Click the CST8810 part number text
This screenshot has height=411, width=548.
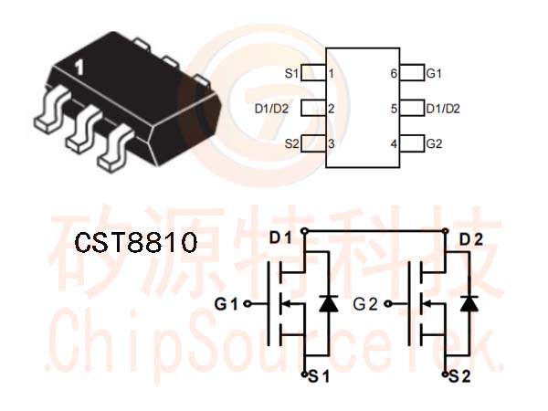coord(136,243)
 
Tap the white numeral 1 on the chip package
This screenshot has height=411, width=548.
coord(79,68)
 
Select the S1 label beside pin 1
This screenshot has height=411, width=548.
coord(292,74)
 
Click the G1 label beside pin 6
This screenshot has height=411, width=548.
coord(434,74)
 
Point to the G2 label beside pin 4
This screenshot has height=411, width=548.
coord(435,143)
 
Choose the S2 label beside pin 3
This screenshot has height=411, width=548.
coord(292,143)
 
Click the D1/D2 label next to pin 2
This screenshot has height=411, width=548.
coord(271,109)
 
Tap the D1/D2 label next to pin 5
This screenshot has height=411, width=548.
coord(443,109)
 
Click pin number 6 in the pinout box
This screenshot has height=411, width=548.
coord(394,74)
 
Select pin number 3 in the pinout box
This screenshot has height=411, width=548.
coord(331,143)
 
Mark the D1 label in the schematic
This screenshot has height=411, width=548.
coord(280,238)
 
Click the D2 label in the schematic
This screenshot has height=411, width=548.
coord(471,239)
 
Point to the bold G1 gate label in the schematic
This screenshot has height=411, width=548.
coord(227,304)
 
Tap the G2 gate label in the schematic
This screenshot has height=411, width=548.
coord(365,304)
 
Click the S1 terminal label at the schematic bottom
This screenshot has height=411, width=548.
coord(319,376)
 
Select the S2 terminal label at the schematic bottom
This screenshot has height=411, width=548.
coord(459,376)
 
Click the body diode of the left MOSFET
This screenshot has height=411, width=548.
coord(329,303)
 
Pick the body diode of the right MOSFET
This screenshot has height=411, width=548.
coord(469,303)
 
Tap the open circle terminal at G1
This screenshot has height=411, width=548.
coord(248,304)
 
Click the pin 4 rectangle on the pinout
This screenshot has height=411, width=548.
coord(413,143)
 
